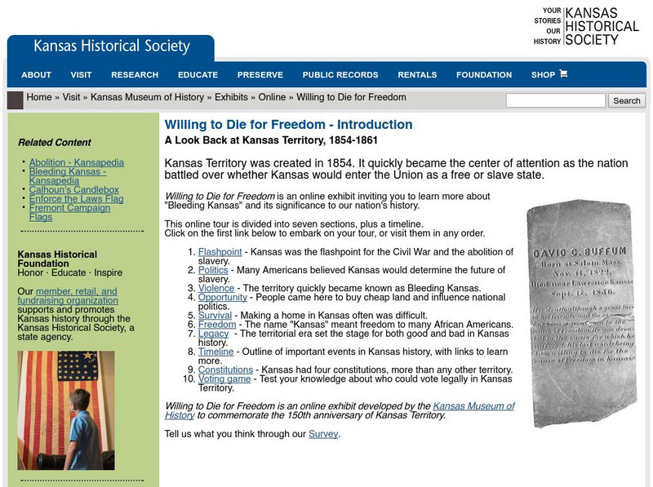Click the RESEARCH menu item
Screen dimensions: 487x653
pyautogui.click(x=135, y=75)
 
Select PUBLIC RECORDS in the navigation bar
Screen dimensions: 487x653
pyautogui.click(x=340, y=75)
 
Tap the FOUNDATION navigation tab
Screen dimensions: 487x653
pyautogui.click(x=484, y=75)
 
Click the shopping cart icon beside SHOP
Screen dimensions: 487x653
pyautogui.click(x=563, y=74)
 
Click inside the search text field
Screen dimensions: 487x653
pyautogui.click(x=555, y=100)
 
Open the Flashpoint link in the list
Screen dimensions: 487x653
pyautogui.click(x=220, y=252)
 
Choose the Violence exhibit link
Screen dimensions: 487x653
pyautogui.click(x=216, y=288)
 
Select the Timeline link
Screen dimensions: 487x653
pyautogui.click(x=215, y=352)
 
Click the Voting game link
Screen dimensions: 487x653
pyautogui.click(x=224, y=379)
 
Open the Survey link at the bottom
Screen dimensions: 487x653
pyautogui.click(x=323, y=434)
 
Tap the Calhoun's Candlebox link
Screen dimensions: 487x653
pyautogui.click(x=74, y=190)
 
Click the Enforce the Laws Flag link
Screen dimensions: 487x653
pyautogui.click(x=76, y=199)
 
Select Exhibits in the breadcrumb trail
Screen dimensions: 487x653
pyautogui.click(x=231, y=97)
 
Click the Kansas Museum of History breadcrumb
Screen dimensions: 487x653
pyautogui.click(x=147, y=97)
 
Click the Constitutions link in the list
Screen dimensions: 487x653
pyautogui.click(x=225, y=370)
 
